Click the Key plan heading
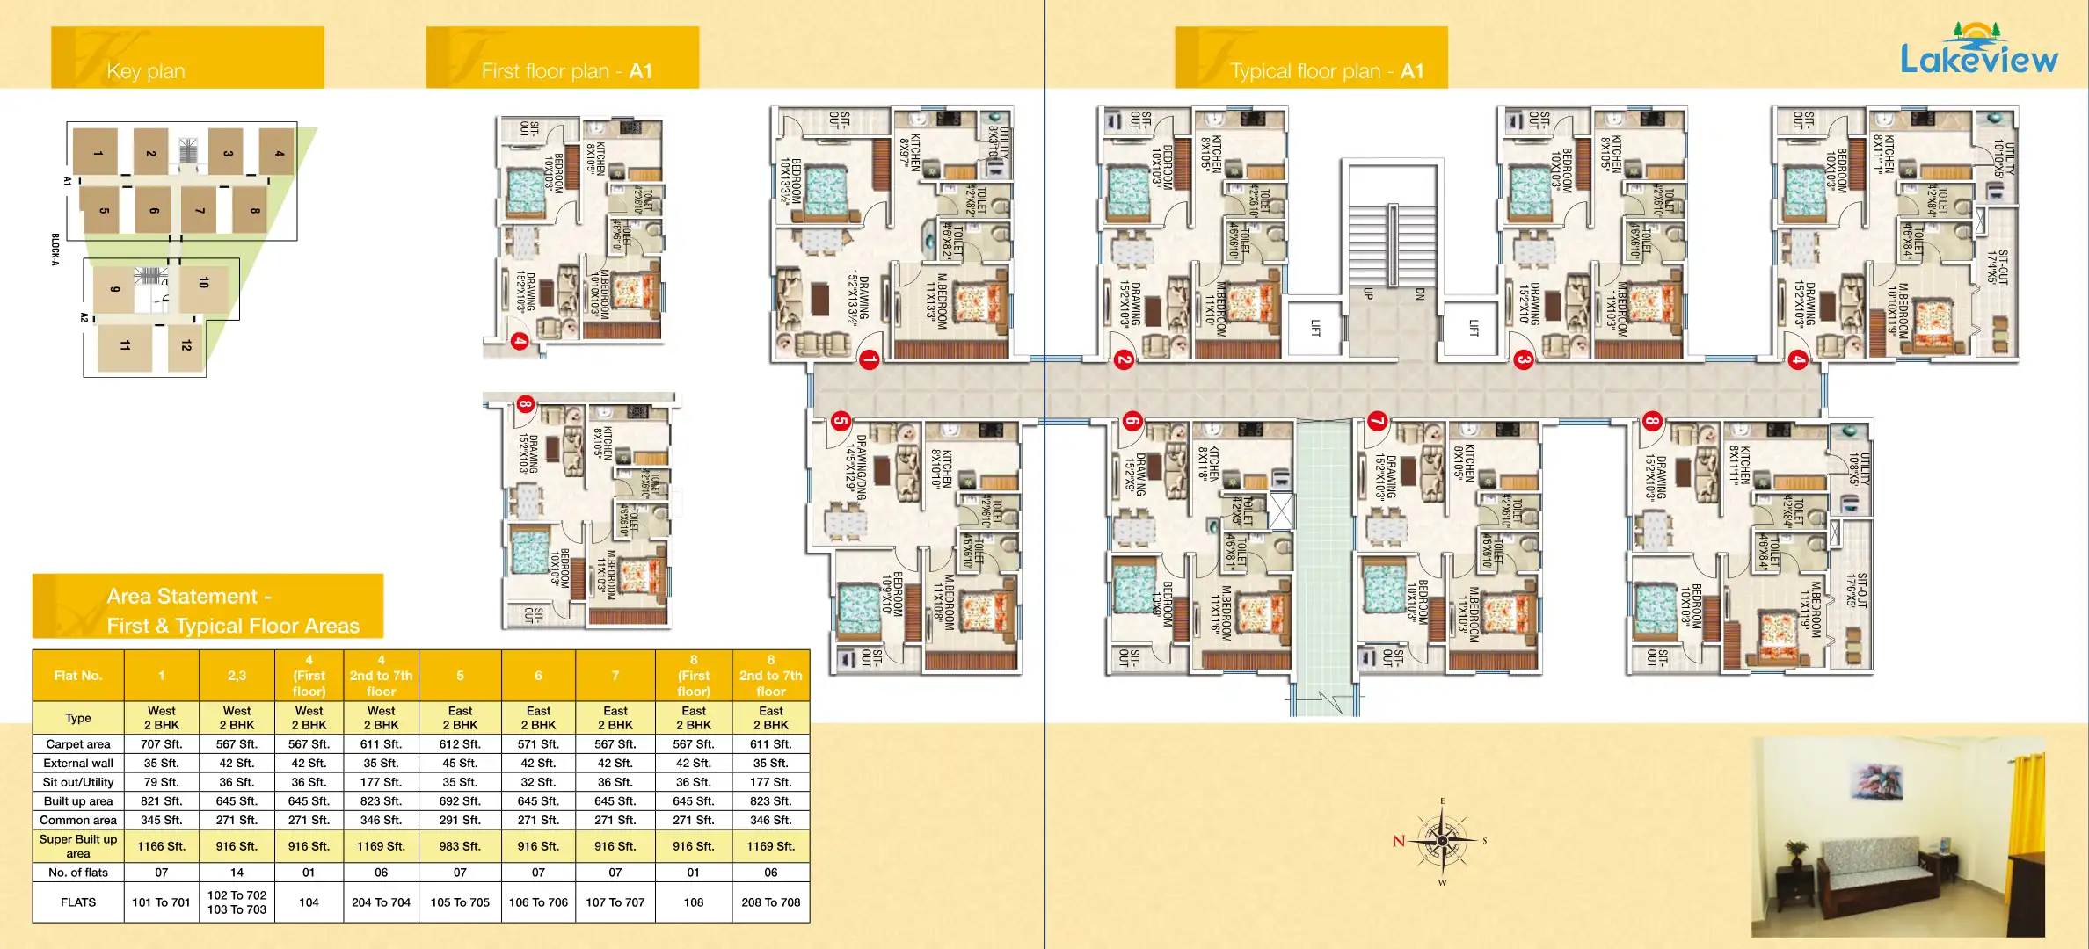click(x=146, y=71)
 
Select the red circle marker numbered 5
click(x=841, y=421)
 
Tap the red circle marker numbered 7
click(x=1377, y=422)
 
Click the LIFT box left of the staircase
click(x=1315, y=328)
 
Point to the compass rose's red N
click(x=1399, y=841)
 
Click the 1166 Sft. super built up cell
click(x=162, y=846)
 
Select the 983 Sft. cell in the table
click(x=460, y=846)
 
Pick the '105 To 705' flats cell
click(x=460, y=902)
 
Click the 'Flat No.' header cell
click(x=78, y=676)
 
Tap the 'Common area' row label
click(x=78, y=820)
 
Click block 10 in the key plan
click(x=204, y=283)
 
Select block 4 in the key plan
click(x=279, y=153)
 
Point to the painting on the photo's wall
click(x=1876, y=783)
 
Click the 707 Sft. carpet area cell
click(x=162, y=744)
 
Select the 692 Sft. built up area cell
click(x=460, y=801)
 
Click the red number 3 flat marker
click(x=1524, y=359)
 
